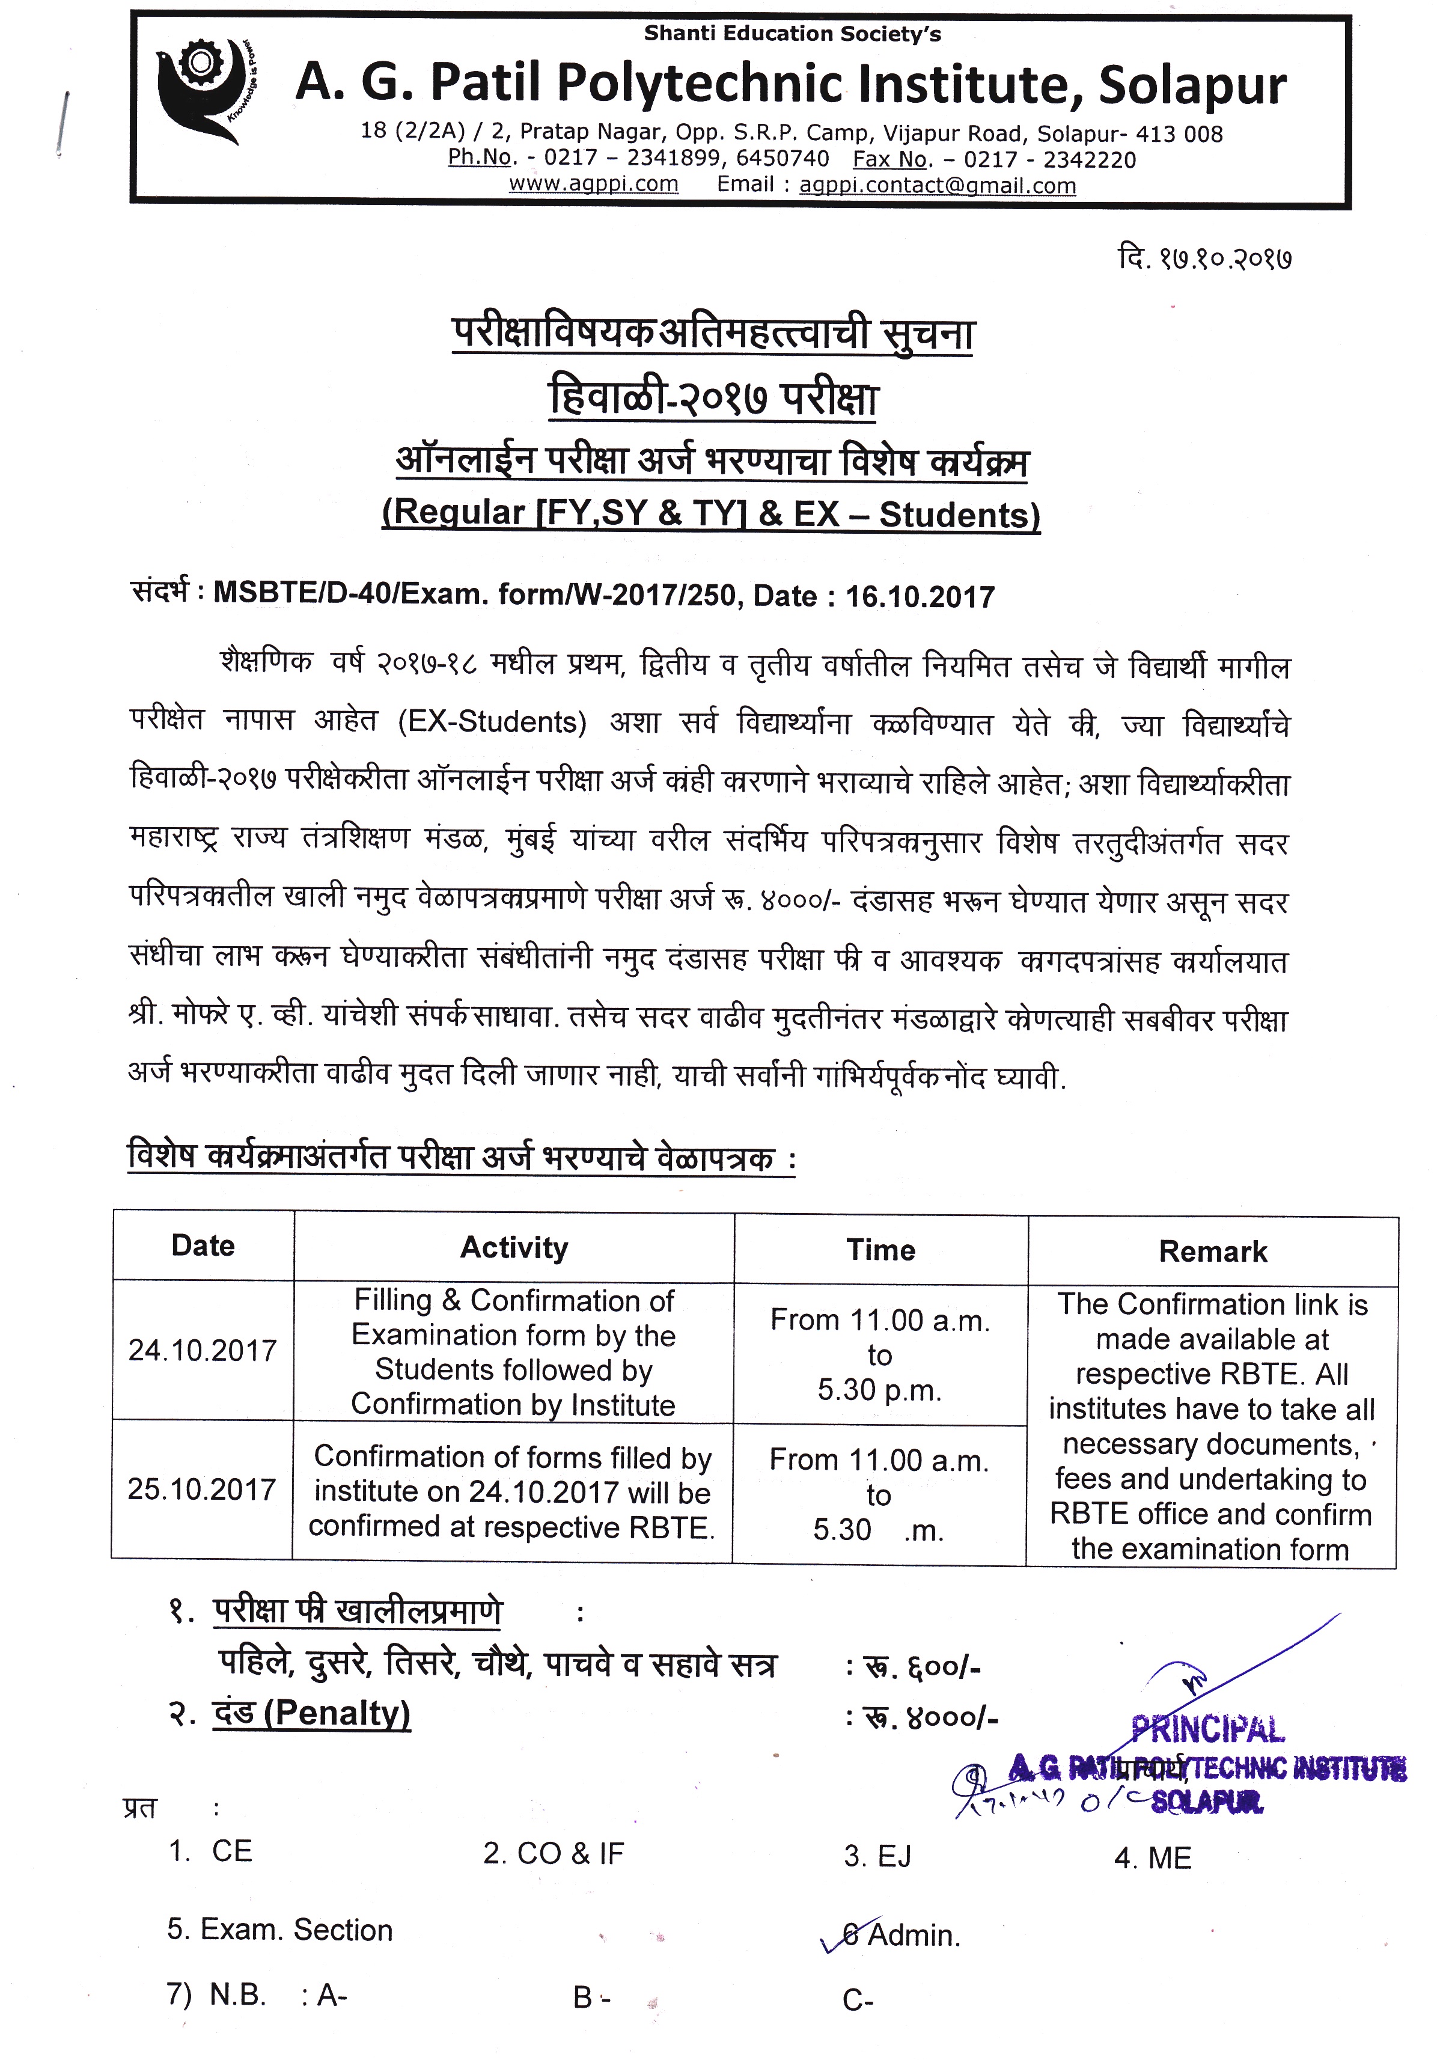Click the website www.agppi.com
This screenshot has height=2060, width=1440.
[x=593, y=184]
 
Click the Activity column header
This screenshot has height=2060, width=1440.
[x=513, y=1248]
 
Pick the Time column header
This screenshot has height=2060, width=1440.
[x=880, y=1250]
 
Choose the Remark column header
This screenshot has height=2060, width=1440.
[x=1212, y=1252]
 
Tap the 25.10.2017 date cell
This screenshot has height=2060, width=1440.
[x=201, y=1490]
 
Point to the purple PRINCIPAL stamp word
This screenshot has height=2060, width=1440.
[x=1207, y=1728]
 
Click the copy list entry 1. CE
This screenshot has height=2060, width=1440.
[x=211, y=1851]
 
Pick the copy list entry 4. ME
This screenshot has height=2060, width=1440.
[x=1152, y=1858]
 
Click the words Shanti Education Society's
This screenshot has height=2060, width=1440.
[x=792, y=34]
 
